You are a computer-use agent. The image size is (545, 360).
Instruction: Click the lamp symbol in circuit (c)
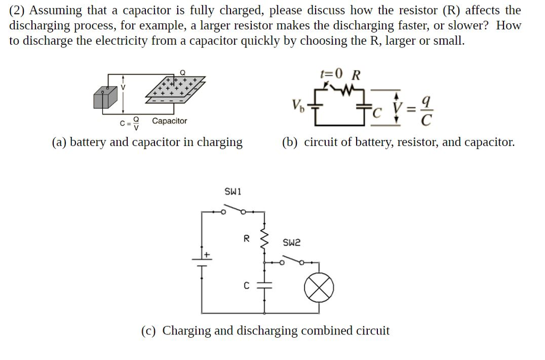319,289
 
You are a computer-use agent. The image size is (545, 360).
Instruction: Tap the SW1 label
233,191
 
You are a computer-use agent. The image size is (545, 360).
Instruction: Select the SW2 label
292,243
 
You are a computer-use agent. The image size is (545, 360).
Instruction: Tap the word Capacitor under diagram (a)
169,121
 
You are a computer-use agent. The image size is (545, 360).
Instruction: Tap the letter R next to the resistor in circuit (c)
246,239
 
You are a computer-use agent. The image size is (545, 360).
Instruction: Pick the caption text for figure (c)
265,331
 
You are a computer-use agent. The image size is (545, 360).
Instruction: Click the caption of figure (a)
147,142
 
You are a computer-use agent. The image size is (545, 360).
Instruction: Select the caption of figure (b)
398,142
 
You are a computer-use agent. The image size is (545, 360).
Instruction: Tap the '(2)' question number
19,10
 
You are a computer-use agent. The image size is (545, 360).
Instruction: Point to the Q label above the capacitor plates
183,72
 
